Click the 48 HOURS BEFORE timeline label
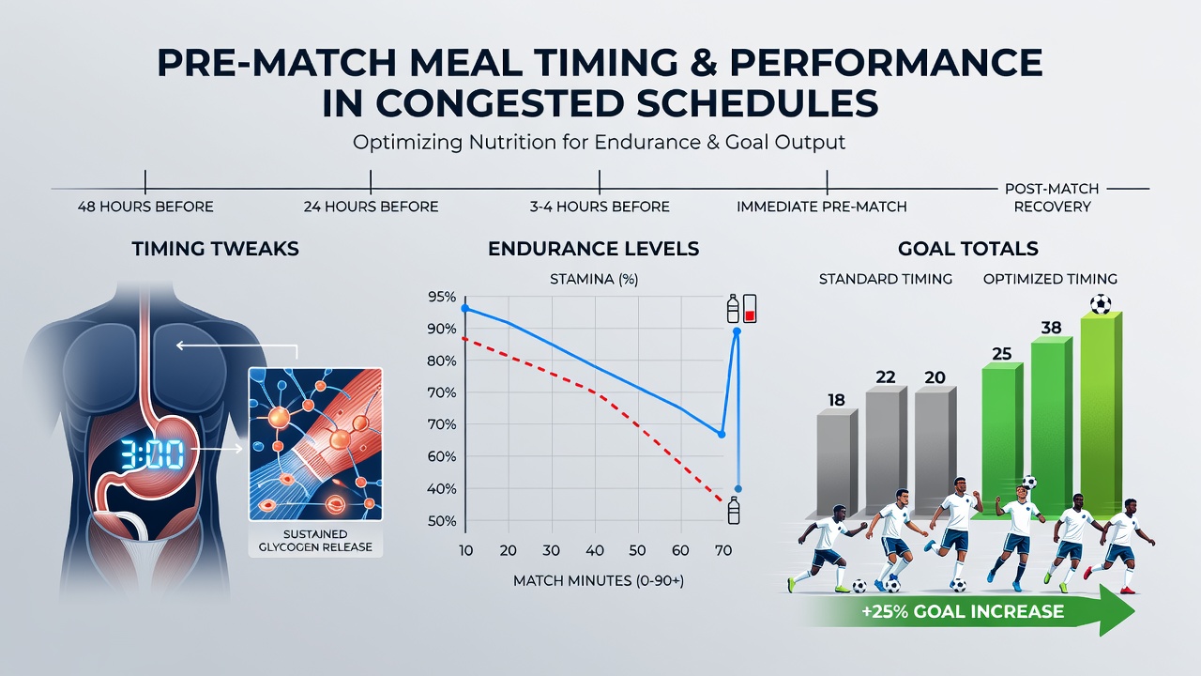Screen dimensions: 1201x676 pos(145,207)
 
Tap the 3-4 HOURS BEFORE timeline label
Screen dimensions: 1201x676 pos(600,207)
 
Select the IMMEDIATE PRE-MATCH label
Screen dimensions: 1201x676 pos(821,207)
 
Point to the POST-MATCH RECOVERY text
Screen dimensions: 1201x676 pos(1052,197)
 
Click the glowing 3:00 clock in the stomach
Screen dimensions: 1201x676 pos(152,455)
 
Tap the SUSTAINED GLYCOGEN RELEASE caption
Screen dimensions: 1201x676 pos(315,540)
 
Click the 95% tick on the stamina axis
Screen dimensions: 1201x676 pos(442,298)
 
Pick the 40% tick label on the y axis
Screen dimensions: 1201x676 pos(442,489)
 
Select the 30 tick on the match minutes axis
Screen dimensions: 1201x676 pos(551,550)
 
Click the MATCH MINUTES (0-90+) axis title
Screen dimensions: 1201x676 pos(599,581)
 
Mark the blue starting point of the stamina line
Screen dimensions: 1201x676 pos(464,309)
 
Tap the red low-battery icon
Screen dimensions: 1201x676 pos(750,309)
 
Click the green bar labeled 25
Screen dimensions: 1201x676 pos(1001,440)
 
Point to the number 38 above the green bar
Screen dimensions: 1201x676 pos(1051,328)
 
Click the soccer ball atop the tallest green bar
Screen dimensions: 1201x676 pos(1101,303)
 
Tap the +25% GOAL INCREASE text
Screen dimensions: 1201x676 pos(963,611)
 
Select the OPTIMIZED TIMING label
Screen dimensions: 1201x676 pos(1050,279)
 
